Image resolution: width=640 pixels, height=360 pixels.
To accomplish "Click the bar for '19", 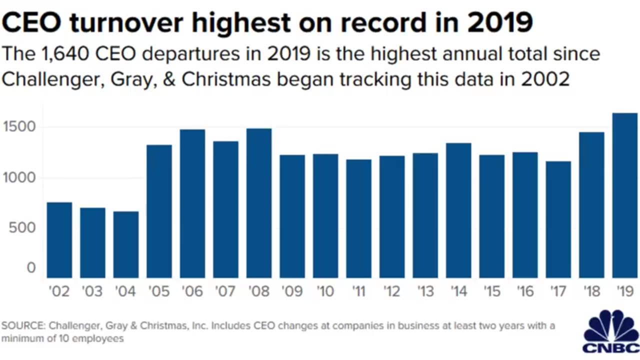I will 625,195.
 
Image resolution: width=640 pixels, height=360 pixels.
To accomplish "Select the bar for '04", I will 126,244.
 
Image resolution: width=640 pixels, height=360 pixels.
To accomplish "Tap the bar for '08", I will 259,203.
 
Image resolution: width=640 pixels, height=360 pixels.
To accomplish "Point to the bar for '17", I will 558,219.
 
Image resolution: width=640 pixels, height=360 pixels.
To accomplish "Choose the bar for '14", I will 458,210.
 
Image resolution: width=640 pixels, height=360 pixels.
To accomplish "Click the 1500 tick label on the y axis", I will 19,127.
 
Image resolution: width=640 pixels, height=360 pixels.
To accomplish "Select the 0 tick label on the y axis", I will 31,268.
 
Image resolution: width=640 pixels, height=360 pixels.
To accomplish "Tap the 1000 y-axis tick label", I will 19,177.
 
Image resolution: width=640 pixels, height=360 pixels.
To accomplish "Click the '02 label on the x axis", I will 59,291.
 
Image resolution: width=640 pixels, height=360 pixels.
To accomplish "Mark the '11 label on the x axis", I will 358,291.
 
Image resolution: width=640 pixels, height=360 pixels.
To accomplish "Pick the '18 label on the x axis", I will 591,291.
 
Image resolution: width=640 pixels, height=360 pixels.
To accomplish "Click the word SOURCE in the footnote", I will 22,326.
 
